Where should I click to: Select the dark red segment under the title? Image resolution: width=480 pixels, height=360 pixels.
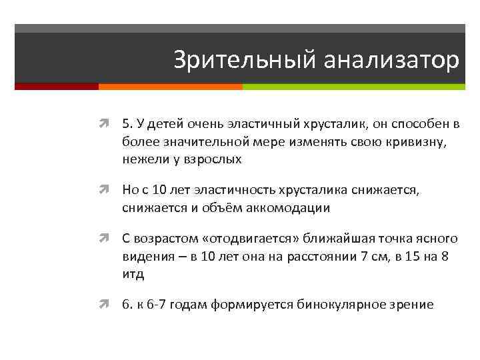click(x=57, y=87)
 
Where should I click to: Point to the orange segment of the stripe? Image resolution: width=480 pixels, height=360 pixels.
click(x=170, y=87)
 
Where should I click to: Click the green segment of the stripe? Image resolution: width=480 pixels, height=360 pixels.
click(x=353, y=87)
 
